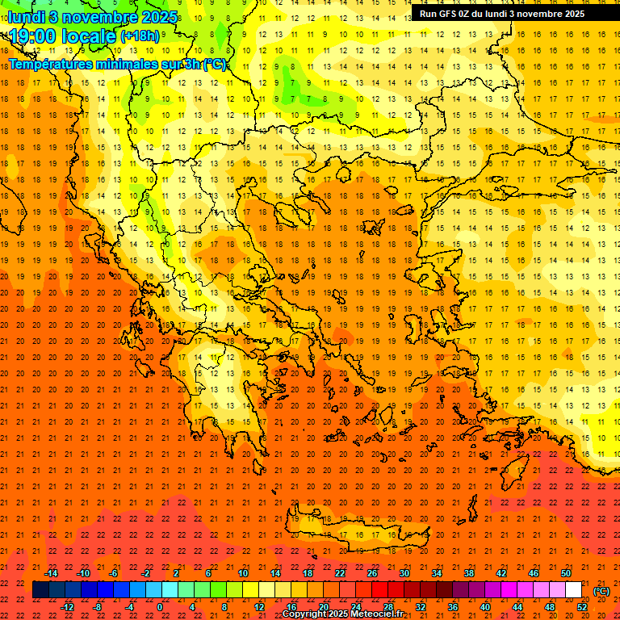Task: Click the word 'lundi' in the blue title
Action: [x=26, y=16]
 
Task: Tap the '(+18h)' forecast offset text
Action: [x=140, y=36]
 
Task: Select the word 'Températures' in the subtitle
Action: [x=51, y=64]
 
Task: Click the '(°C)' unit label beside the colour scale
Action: [x=601, y=591]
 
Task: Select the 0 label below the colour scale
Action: [x=160, y=607]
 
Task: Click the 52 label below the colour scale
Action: [x=581, y=607]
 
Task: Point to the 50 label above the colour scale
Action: [x=566, y=573]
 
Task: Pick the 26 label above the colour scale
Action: [x=372, y=573]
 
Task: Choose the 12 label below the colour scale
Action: [x=259, y=607]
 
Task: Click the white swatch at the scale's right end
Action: [x=573, y=590]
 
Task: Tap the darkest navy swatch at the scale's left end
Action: [x=40, y=590]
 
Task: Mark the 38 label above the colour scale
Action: [x=469, y=573]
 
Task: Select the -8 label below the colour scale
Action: [x=98, y=607]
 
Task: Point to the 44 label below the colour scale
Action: [x=517, y=607]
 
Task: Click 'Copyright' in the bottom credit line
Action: [x=304, y=614]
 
